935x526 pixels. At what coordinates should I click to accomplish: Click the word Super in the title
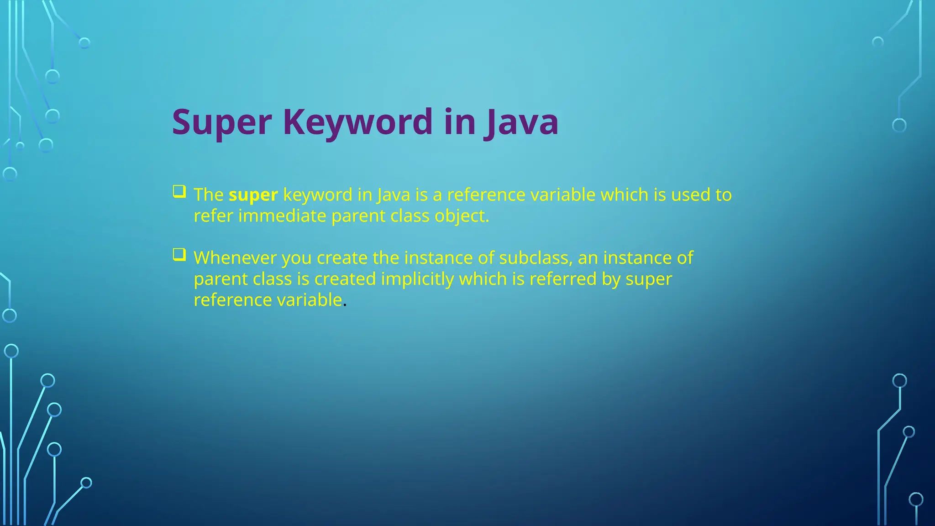click(x=222, y=122)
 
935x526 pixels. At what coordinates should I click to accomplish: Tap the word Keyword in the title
click(x=357, y=122)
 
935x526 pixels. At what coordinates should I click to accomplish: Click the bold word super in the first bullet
click(x=253, y=195)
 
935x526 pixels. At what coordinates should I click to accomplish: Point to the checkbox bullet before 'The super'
click(x=179, y=191)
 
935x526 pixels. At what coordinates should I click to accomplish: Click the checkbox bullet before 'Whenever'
click(x=179, y=254)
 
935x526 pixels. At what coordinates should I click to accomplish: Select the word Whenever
click(x=235, y=258)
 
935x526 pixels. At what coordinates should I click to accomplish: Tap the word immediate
click(x=282, y=216)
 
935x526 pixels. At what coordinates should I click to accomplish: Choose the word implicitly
click(x=417, y=279)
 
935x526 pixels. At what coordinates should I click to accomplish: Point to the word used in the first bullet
click(x=690, y=195)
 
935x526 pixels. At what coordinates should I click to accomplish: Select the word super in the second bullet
click(x=648, y=279)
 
